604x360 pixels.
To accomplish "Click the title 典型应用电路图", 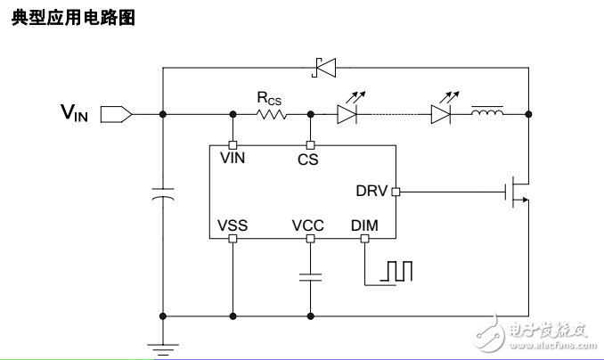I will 72,18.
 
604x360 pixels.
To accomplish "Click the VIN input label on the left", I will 74,113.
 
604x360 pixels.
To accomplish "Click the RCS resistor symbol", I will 271,114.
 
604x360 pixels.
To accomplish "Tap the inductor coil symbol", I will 486,112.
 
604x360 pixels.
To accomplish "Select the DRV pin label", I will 371,191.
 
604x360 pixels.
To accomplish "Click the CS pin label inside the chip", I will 309,159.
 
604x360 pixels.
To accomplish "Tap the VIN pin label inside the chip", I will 234,159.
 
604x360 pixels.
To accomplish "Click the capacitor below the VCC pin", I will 310,275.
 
